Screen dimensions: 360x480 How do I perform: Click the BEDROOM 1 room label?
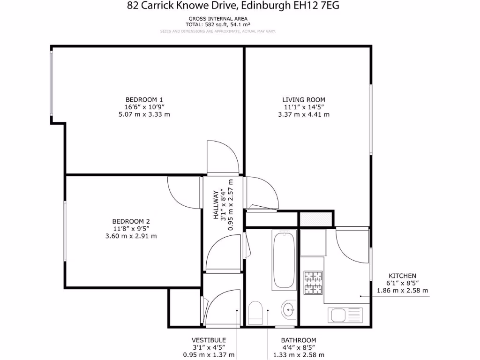(144, 99)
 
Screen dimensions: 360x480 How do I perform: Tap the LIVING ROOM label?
(303, 99)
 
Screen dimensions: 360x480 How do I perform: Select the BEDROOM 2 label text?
(131, 221)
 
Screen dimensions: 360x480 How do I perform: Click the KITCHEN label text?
(402, 276)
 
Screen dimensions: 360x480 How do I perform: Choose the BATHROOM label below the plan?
(298, 340)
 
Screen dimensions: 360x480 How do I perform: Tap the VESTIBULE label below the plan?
(209, 340)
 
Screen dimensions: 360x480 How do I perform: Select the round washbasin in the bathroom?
(289, 309)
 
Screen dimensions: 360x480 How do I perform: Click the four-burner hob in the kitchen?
(313, 283)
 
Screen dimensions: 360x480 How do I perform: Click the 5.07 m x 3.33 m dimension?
(144, 114)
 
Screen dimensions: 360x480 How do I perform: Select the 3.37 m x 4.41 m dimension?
(303, 114)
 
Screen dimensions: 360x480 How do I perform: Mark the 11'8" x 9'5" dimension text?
(131, 229)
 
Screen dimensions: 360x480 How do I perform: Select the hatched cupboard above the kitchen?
(315, 218)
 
